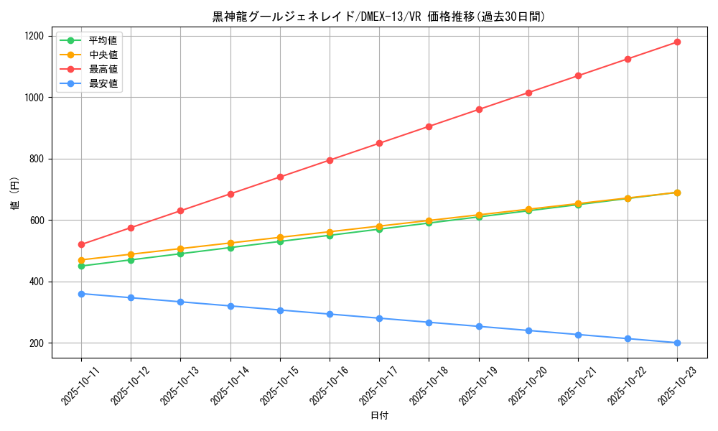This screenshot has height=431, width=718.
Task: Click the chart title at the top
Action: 378,17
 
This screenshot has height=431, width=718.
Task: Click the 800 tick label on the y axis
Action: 37,159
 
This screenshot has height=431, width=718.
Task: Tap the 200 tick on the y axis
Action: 37,343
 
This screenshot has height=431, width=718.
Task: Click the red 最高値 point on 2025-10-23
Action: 677,42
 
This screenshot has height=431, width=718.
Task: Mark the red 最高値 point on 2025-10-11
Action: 81,245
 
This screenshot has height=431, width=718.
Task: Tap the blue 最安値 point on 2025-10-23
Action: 677,343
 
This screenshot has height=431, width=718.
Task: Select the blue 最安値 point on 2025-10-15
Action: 280,310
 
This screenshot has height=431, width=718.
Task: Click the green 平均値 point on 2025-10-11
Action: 81,266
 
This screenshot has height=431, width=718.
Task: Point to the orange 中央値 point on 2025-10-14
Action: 230,243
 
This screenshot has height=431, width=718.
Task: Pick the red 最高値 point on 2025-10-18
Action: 429,126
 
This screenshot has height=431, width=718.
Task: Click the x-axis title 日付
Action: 379,416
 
